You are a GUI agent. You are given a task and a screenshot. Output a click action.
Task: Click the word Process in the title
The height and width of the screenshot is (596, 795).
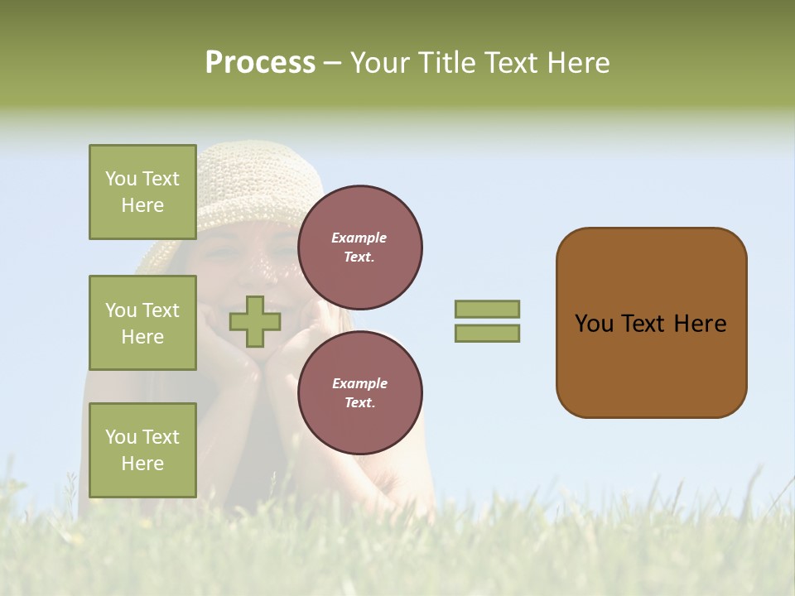(260, 63)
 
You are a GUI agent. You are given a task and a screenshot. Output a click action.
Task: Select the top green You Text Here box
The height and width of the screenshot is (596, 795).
(142, 192)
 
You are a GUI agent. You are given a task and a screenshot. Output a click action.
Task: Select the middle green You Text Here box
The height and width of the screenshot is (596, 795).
(142, 323)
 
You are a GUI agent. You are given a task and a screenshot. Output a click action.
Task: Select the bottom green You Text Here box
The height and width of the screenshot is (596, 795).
(142, 449)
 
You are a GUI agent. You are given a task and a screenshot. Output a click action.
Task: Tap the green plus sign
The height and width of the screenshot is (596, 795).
(254, 322)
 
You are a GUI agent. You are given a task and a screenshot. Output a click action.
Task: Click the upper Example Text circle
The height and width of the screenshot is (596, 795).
(359, 248)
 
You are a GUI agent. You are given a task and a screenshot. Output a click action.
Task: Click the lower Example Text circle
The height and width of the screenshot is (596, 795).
(359, 393)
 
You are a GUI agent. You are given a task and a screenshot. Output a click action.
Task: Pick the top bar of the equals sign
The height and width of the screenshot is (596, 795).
(487, 309)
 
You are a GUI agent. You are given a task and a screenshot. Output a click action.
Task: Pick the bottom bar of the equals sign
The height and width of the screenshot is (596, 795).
(487, 334)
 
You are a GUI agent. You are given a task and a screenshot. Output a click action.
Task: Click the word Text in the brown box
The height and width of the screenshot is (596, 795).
(645, 324)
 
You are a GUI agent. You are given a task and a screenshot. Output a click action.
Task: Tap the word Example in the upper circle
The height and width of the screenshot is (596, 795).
(359, 238)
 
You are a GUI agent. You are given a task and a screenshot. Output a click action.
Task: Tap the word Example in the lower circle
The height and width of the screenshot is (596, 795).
(359, 383)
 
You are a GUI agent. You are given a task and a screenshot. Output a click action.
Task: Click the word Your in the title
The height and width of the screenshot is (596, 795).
(378, 63)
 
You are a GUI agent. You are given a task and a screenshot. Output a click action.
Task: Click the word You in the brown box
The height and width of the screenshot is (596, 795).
(594, 324)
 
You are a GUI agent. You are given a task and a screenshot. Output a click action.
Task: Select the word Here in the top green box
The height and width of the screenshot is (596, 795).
(142, 205)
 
